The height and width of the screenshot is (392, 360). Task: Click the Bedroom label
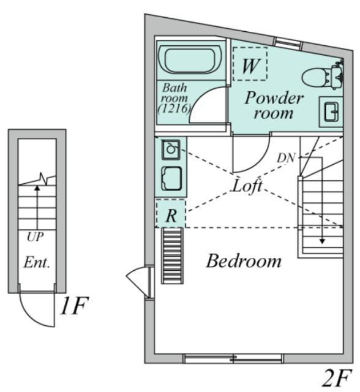244,261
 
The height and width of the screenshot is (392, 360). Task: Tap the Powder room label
274,105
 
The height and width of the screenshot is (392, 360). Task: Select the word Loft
247,186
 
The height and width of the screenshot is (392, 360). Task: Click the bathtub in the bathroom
190,59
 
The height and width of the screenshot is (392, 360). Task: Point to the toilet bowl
314,78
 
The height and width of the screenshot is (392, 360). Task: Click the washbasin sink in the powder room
331,111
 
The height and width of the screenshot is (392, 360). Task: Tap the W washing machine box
250,64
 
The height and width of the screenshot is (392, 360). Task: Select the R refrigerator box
171,213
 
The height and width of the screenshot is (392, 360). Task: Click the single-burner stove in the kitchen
171,149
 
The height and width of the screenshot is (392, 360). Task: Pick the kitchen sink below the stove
171,178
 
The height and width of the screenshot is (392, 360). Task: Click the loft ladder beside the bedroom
172,256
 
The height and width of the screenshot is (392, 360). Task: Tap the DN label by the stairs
287,158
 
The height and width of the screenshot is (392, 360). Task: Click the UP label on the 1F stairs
36,237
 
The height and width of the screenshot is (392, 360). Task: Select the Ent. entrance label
37,263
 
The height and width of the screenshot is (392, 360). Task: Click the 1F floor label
74,306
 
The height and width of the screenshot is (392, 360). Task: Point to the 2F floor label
337,377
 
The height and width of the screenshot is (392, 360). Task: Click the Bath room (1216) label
174,98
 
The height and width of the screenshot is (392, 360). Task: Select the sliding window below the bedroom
233,358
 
